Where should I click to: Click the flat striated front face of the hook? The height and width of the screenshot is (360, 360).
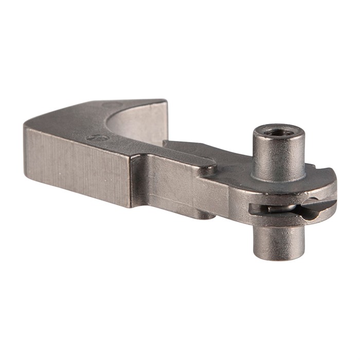[x=77, y=165]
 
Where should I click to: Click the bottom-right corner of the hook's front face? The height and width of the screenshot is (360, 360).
[x=129, y=206]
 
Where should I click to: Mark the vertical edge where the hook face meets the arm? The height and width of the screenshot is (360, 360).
[x=132, y=180]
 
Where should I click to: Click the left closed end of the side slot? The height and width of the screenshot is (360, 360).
[x=253, y=209]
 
